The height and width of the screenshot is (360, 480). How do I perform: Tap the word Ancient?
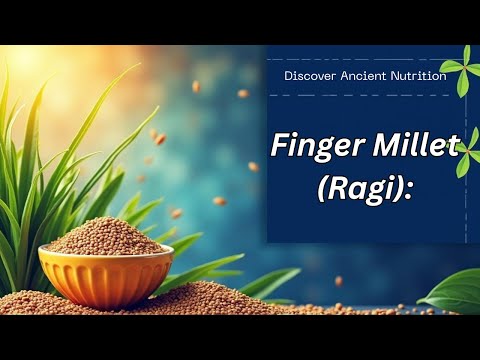coord(364,76)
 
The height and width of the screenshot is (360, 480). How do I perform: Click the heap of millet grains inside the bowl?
coord(105,237)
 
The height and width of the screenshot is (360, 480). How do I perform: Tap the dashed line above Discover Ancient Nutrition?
coord(360,60)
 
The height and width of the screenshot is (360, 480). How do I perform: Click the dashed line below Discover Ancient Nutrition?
coord(360,95)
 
